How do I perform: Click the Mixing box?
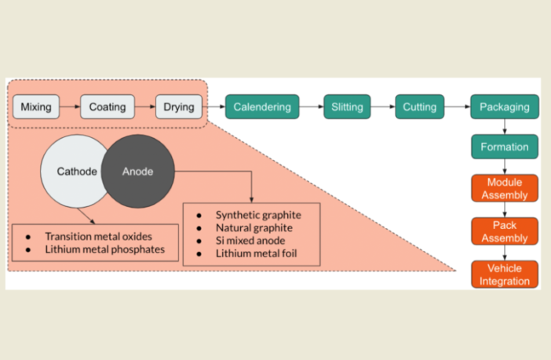pos(36,107)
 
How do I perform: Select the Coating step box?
pos(108,107)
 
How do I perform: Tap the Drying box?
pos(179,107)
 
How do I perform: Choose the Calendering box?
pos(262,107)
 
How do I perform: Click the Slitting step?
pos(347,107)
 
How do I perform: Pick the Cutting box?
pos(420,107)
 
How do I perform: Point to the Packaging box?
pos(504,107)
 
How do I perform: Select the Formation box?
pos(504,147)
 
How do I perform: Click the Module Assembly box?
pos(504,188)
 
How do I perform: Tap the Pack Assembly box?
pos(504,231)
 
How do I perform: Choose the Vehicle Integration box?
pos(504,275)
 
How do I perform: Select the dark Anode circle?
pos(138,170)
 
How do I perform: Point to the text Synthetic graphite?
pos(258,215)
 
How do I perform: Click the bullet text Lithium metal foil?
pos(257,253)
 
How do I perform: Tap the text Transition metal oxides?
pos(99,236)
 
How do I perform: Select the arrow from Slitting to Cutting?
pos(383,107)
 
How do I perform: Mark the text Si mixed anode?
pos(250,240)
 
